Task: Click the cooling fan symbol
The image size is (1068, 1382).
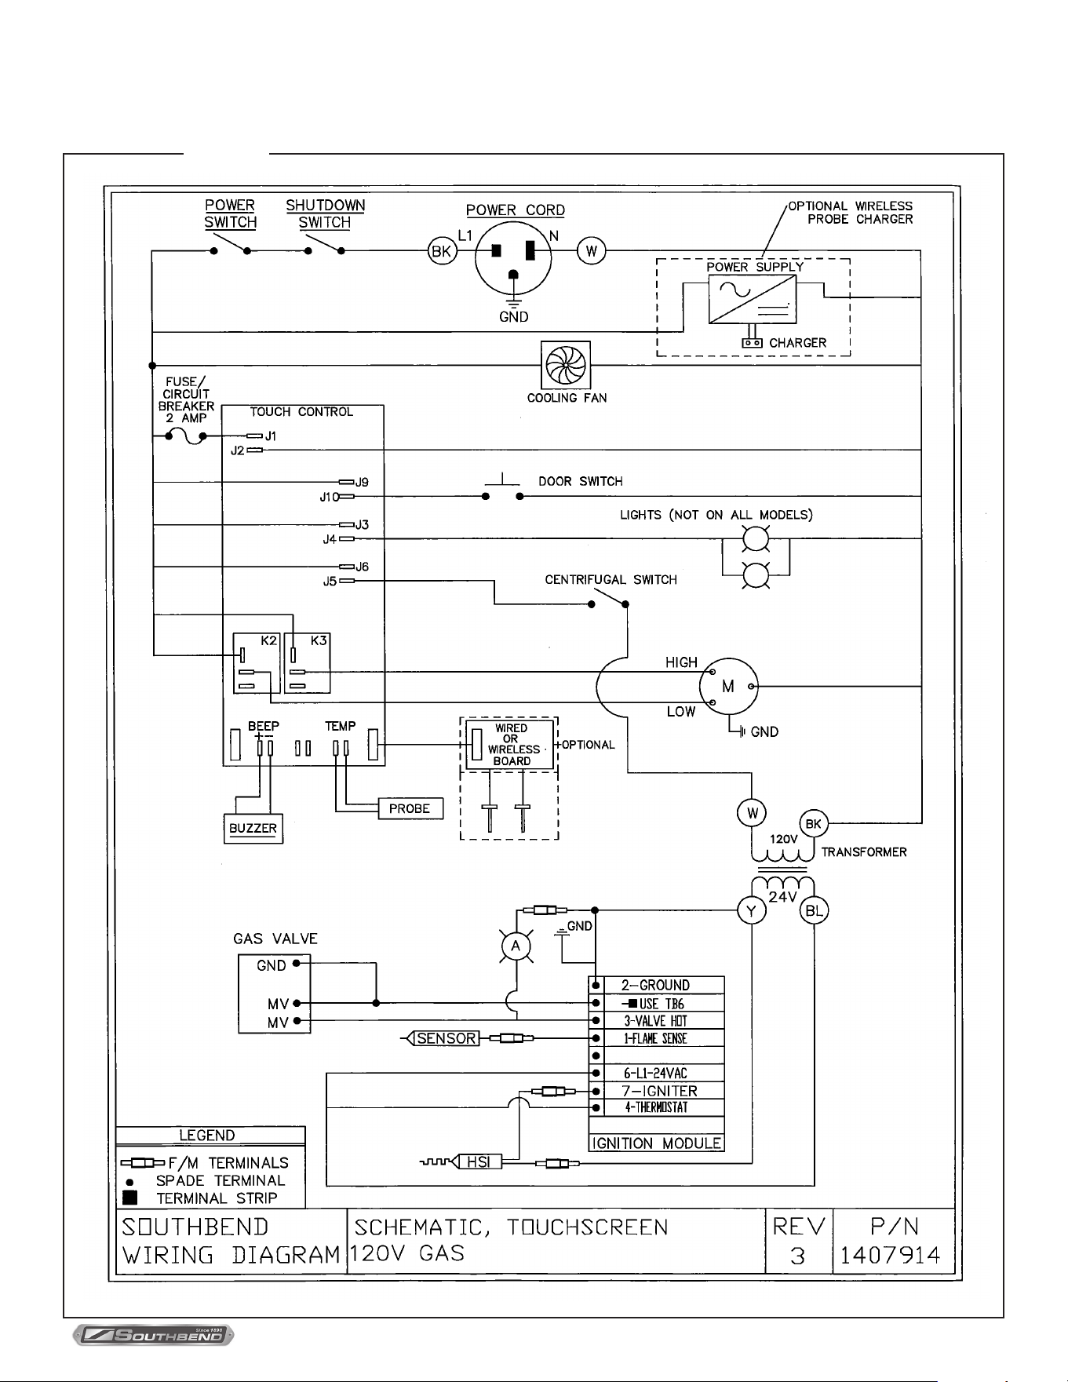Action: (x=566, y=365)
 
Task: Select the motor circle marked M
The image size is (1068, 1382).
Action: (x=729, y=687)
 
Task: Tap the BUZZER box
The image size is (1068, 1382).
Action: (x=253, y=829)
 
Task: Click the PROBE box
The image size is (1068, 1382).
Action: (x=410, y=808)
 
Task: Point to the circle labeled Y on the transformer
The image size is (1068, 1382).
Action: (x=752, y=910)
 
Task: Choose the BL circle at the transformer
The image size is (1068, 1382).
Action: (x=815, y=911)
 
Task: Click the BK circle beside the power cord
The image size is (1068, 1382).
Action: (x=442, y=252)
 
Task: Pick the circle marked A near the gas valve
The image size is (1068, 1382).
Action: (x=516, y=946)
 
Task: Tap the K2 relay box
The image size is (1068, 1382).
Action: (x=257, y=663)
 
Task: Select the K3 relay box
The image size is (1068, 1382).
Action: (x=307, y=663)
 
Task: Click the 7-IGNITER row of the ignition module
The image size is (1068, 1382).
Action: (x=656, y=1090)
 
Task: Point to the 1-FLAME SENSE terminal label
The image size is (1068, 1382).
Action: (x=655, y=1038)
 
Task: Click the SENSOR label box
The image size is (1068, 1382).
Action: (x=446, y=1038)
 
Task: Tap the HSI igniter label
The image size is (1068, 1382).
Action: (x=479, y=1161)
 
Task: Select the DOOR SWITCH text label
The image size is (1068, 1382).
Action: (x=581, y=481)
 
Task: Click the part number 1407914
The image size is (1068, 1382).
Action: (x=890, y=1256)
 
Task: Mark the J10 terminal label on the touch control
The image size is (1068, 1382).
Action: (x=329, y=497)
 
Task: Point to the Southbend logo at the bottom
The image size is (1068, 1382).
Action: (x=153, y=1335)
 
